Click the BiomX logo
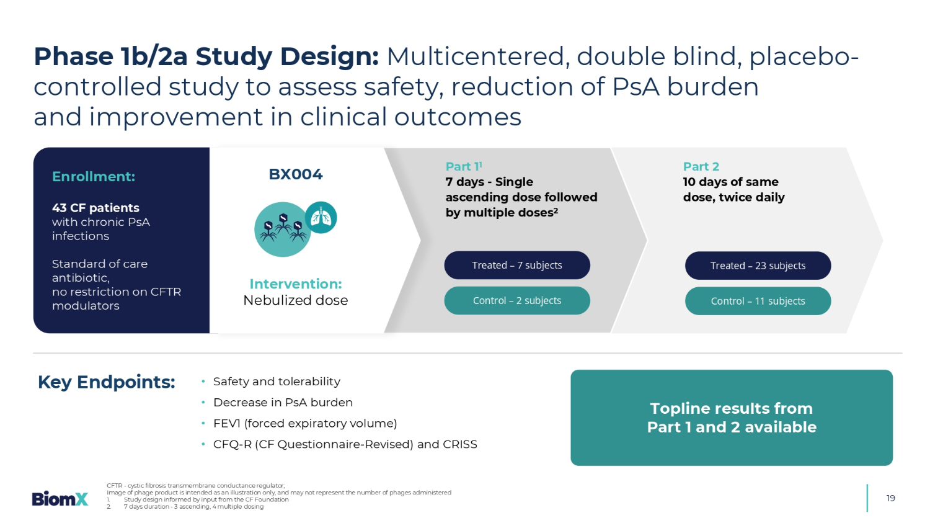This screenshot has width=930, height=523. pos(60,498)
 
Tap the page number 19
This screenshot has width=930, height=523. pos(890,498)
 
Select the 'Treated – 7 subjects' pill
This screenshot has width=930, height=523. pos(517,266)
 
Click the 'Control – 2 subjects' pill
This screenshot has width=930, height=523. pos(517,301)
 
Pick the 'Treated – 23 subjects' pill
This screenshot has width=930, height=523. pos(758,266)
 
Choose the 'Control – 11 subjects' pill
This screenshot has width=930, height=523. pos(758,302)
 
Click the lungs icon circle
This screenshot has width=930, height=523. pos(321,218)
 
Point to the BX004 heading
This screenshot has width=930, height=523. pos(296,174)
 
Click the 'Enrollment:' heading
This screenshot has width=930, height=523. pos(94,177)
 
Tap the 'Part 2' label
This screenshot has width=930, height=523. pos(701,166)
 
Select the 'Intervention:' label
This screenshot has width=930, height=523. pos(296,284)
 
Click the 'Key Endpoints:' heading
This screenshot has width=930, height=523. pos(107,382)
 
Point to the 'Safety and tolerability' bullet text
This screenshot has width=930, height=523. pos(277,382)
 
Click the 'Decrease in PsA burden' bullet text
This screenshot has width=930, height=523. pos(283,403)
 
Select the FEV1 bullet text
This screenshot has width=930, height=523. pos(305,424)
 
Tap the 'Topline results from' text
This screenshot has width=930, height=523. pos(731,408)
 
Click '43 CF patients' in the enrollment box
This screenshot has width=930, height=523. pos(95,208)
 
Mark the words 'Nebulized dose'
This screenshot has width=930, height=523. pos(296,300)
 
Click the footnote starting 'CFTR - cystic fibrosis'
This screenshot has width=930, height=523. pos(195,486)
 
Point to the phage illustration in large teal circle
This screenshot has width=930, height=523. pos(282,230)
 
